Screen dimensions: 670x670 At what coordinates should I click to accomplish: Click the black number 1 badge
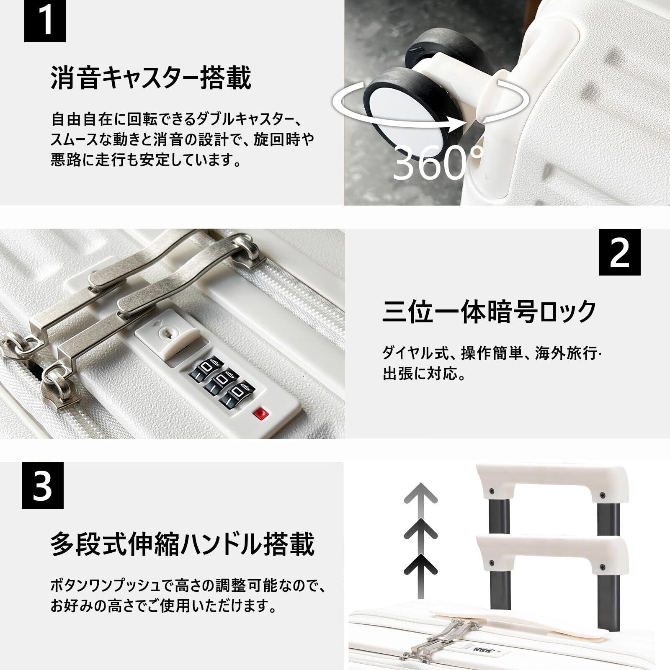click(x=45, y=21)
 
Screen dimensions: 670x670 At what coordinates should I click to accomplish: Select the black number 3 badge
click(x=42, y=485)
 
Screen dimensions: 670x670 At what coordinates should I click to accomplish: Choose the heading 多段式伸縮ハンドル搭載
click(x=183, y=544)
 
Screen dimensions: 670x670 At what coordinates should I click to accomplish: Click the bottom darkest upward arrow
click(x=420, y=564)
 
